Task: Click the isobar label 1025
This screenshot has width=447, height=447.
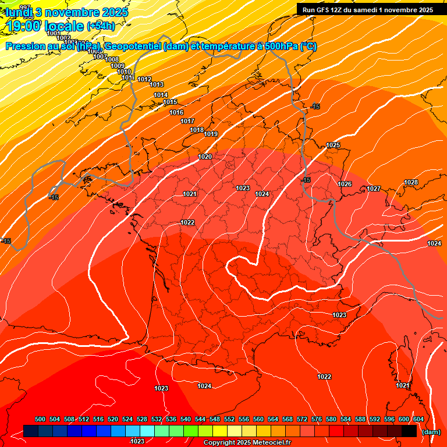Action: tap(333, 145)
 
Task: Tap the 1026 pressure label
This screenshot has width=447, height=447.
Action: tap(345, 184)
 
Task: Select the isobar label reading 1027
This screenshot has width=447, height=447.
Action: tap(374, 189)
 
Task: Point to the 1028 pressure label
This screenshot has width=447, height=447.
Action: tap(411, 182)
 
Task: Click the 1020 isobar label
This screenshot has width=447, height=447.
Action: tap(205, 157)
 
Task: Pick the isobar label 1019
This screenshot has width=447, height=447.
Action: tap(211, 134)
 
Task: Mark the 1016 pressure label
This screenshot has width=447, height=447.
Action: tap(176, 112)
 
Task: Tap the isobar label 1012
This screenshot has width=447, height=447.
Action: tap(144, 79)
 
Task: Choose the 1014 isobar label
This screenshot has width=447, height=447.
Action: tap(161, 95)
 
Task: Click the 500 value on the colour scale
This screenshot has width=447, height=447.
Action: tap(40, 419)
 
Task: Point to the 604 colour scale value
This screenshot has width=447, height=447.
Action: tap(418, 419)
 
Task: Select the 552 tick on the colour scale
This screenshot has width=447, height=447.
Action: tap(229, 419)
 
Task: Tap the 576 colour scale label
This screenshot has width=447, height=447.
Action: tap(317, 419)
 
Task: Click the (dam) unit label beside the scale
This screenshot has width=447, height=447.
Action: tap(431, 432)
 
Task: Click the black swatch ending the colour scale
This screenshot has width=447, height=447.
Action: tap(409, 431)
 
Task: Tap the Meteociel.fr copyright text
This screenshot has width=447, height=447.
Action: tap(247, 442)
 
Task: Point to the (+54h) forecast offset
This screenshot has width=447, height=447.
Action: tap(100, 26)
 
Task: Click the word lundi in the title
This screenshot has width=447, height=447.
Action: tap(19, 12)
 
